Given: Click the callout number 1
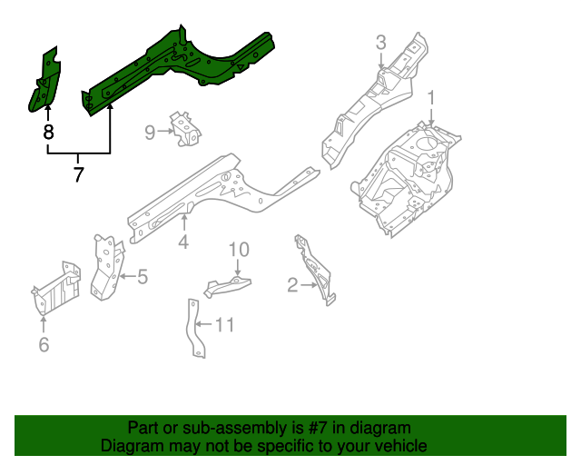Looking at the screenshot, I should click(432, 97).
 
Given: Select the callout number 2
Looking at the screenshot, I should click(292, 286).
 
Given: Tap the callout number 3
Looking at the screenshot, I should click(381, 42).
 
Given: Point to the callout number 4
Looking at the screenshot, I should click(183, 242).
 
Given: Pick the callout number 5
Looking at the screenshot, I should click(143, 276).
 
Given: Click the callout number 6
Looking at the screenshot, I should click(44, 343).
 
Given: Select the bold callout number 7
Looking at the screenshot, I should click(78, 173).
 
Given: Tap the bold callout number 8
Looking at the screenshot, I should click(48, 133).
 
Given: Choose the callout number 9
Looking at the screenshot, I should click(151, 133).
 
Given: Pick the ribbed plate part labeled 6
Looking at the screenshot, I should click(56, 289).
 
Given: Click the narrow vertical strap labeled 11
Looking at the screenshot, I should click(193, 327).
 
